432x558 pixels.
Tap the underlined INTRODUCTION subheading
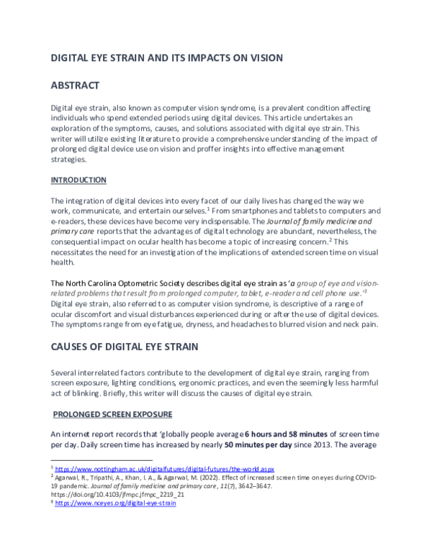(x=78, y=179)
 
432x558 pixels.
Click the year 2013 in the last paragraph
(x=319, y=447)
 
